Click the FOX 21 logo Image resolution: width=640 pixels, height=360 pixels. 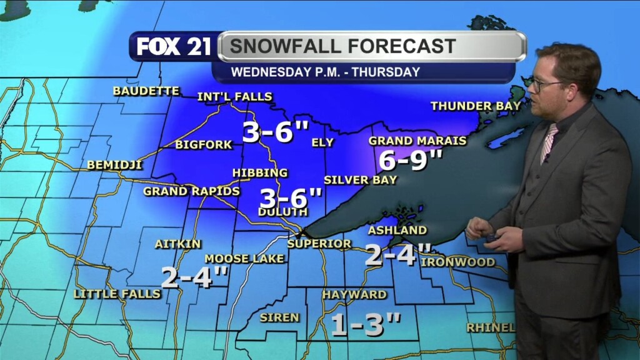(174, 47)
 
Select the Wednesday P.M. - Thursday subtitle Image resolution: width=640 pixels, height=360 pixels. (325, 72)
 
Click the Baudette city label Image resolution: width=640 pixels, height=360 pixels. (146, 91)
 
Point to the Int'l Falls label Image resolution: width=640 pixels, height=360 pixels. (234, 96)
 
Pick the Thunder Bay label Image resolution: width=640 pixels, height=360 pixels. (476, 106)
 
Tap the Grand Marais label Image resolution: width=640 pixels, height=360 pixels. (417, 141)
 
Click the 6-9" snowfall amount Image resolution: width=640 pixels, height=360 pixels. (411, 161)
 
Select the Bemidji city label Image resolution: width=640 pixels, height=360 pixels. (115, 165)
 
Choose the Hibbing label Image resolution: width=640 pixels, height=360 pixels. (260, 172)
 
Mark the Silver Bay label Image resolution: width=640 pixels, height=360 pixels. (360, 180)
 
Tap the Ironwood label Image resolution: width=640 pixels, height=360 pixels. (458, 262)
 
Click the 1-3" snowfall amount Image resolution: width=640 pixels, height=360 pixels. (365, 324)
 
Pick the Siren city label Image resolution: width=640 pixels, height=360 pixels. (279, 317)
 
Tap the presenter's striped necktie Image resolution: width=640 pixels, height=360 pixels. (548, 143)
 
